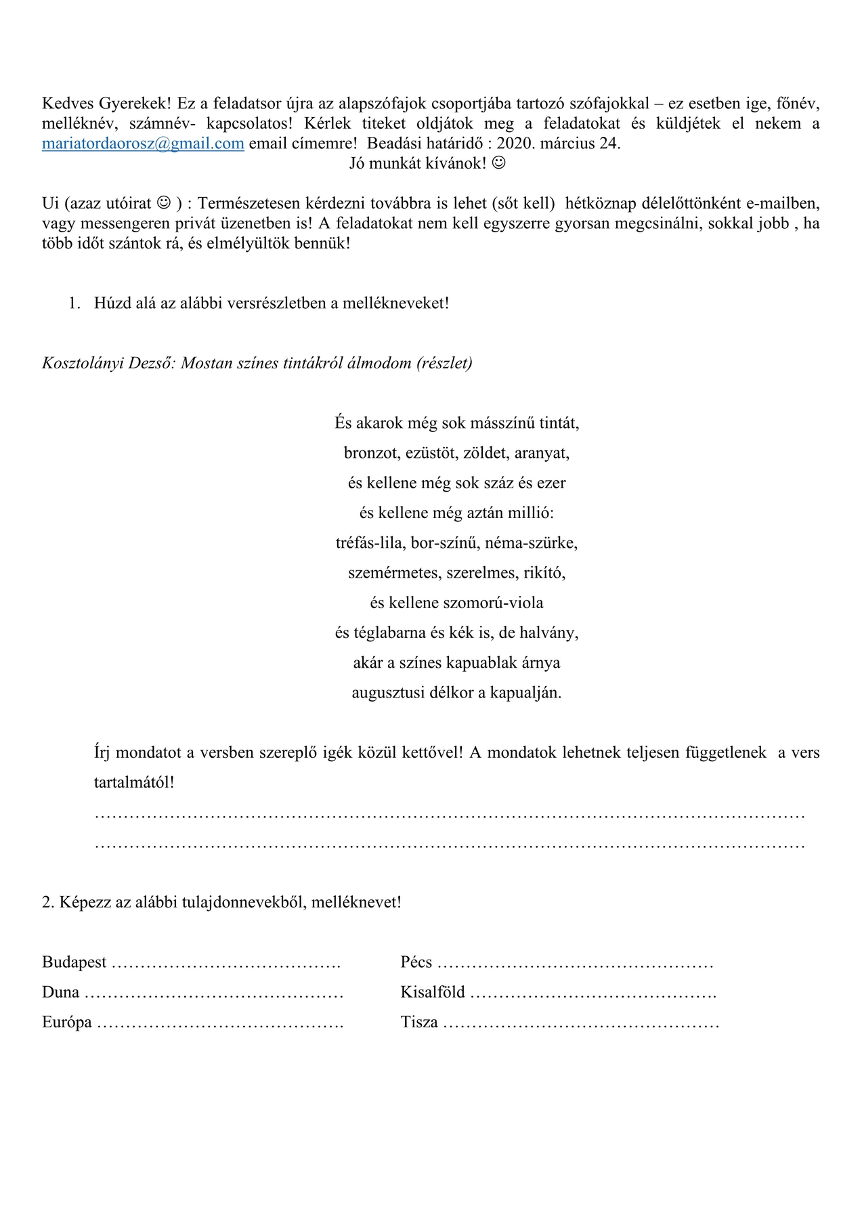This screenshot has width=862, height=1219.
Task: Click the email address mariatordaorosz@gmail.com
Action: pyautogui.click(x=143, y=144)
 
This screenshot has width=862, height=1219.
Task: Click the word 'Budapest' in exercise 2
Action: pyautogui.click(x=74, y=962)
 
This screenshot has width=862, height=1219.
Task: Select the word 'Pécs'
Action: pyautogui.click(x=416, y=962)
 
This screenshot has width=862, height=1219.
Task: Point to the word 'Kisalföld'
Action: pyautogui.click(x=433, y=992)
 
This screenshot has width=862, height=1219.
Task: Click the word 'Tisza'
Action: pyautogui.click(x=419, y=1022)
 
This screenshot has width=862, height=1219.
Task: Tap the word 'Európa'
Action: pyautogui.click(x=67, y=1022)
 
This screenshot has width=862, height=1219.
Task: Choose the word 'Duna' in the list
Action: pyautogui.click(x=61, y=992)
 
